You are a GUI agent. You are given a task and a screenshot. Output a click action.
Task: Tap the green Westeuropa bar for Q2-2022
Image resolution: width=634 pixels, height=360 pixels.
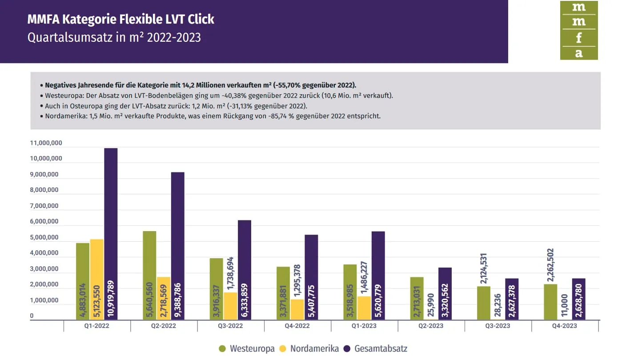[x=149, y=275]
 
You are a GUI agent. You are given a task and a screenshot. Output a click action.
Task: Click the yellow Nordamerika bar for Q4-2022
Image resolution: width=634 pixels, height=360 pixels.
[x=297, y=309]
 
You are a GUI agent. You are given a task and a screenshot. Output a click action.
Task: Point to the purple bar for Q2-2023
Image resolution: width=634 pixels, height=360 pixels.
[x=445, y=293]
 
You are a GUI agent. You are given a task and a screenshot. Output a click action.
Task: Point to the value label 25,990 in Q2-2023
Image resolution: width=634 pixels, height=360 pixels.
[x=431, y=305]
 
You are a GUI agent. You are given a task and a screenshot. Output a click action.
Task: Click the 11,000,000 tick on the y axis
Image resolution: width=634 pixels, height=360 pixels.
[x=46, y=143]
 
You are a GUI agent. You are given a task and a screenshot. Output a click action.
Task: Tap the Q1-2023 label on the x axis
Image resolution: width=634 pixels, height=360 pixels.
[x=364, y=326]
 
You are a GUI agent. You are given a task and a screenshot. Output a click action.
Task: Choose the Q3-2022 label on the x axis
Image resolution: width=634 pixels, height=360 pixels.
[x=230, y=326]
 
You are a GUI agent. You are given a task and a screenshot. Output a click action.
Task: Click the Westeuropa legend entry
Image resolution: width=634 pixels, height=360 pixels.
[x=252, y=349]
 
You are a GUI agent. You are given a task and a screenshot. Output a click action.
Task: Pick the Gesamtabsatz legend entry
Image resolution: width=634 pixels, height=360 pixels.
[x=380, y=349]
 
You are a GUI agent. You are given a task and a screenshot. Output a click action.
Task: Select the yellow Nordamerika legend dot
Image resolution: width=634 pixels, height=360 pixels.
[x=282, y=349]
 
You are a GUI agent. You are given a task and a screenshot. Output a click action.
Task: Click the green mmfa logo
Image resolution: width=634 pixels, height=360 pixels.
[x=578, y=30]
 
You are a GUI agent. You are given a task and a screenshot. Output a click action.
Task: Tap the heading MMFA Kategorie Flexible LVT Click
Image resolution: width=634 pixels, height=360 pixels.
[x=120, y=20]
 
